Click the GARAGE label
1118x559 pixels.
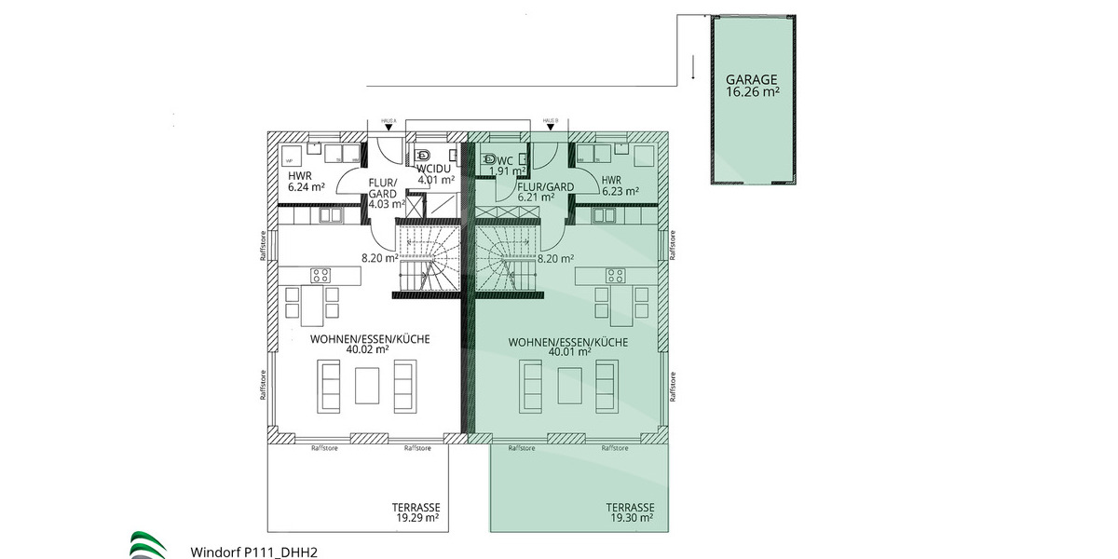[x=752, y=80]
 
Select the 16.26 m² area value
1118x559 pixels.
[x=752, y=92]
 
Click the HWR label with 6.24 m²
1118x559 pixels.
[x=299, y=176]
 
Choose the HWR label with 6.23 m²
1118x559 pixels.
[x=612, y=180]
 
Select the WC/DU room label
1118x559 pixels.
[x=435, y=169]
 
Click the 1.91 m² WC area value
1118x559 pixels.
[x=509, y=171]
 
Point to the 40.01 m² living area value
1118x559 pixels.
[x=569, y=352]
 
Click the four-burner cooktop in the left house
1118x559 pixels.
[x=320, y=275]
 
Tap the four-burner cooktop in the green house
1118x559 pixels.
[x=616, y=275]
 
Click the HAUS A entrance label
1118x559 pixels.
[x=389, y=121]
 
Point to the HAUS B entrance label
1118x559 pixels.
[x=550, y=121]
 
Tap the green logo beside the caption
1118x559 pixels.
[x=149, y=545]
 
